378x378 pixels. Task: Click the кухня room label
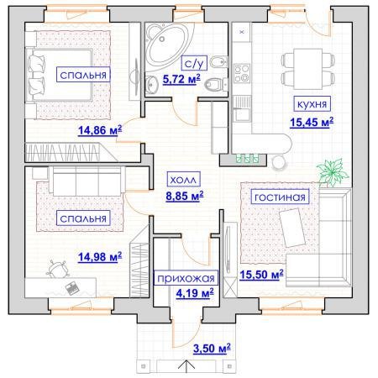pyautogui.click(x=312, y=104)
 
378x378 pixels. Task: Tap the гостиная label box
pyautogui.click(x=280, y=197)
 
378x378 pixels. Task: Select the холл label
pyautogui.click(x=183, y=180)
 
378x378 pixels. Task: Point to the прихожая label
pyautogui.click(x=186, y=278)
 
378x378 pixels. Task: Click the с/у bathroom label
pyautogui.click(x=194, y=63)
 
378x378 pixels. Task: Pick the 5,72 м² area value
pyautogui.click(x=181, y=79)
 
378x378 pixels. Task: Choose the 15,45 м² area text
pyautogui.click(x=312, y=123)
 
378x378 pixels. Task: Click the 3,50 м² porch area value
pyautogui.click(x=212, y=349)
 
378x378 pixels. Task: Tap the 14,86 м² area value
pyautogui.click(x=100, y=130)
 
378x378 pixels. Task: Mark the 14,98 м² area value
pyautogui.click(x=100, y=256)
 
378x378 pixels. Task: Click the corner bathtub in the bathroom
pyautogui.click(x=166, y=46)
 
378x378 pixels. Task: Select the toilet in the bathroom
pyautogui.click(x=216, y=84)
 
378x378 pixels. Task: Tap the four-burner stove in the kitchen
pyautogui.click(x=242, y=73)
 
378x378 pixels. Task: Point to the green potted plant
pyautogui.click(x=333, y=172)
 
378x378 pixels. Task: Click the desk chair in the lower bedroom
pyautogui.click(x=58, y=270)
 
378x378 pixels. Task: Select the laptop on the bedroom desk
pyautogui.click(x=72, y=288)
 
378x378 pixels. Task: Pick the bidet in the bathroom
pyautogui.click(x=218, y=62)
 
